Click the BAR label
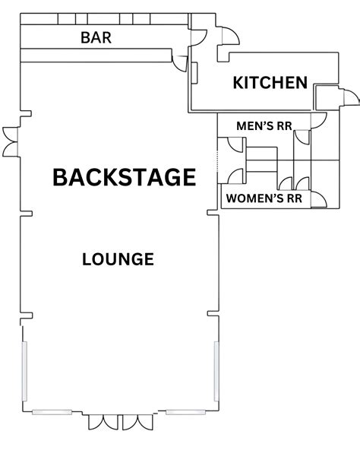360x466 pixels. click(x=96, y=38)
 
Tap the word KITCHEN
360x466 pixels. click(x=270, y=83)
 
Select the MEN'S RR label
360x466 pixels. click(x=264, y=125)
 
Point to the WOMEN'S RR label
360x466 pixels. click(x=264, y=199)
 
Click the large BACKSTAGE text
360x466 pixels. click(x=124, y=177)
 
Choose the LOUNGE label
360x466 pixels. click(x=118, y=259)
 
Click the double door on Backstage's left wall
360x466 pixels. click(x=9, y=140)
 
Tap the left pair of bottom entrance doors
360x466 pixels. click(x=101, y=422)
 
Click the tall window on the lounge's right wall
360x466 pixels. click(x=217, y=373)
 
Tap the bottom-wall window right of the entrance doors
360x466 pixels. click(x=187, y=411)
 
